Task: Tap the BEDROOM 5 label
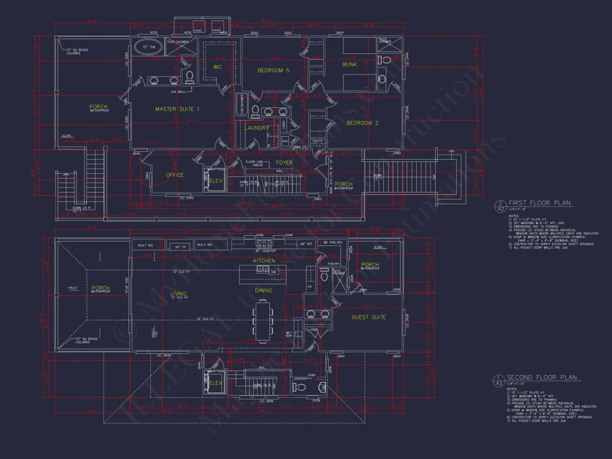pos(273,71)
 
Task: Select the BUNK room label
pos(350,65)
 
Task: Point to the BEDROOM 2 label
pos(362,123)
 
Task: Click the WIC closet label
pos(218,67)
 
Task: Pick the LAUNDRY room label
pos(256,128)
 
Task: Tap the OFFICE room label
pos(175,175)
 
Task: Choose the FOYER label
pos(284,163)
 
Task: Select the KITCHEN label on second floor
pos(264,261)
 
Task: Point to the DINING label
pos(263,290)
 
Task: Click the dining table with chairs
pos(263,320)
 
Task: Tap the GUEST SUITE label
pos(369,318)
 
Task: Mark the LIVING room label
pos(178,294)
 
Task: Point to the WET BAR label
pos(289,334)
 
